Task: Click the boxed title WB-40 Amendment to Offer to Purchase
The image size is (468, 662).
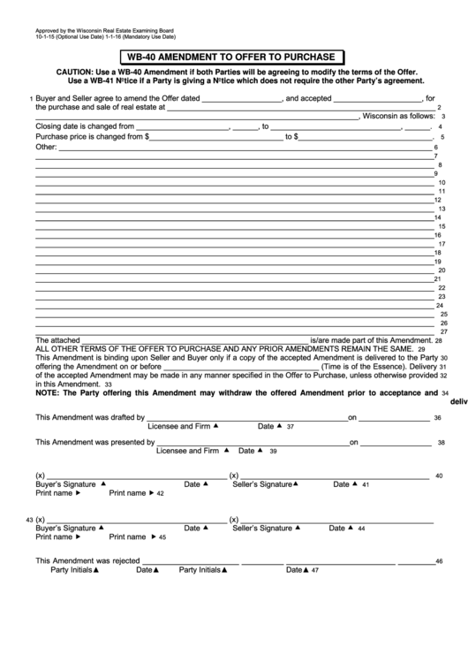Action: tap(234, 57)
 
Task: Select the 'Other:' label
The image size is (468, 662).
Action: tap(46, 147)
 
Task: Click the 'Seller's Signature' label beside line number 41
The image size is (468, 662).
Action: tap(262, 484)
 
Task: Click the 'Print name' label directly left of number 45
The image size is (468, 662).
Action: tap(127, 536)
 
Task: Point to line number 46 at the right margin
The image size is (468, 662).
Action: tap(439, 561)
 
